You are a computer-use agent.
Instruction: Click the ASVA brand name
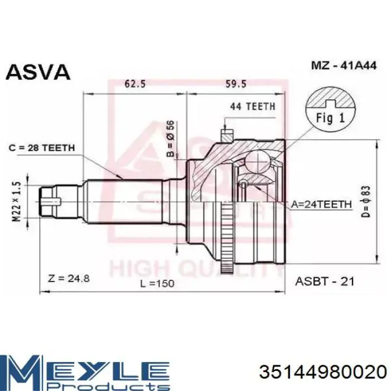coord(38,72)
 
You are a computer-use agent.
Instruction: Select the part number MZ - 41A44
coord(344,65)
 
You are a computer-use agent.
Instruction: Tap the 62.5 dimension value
coord(135,84)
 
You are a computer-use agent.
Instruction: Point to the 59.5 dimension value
coord(236,84)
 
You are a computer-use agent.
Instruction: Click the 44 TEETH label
coord(252,107)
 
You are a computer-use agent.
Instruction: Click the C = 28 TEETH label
coord(42,148)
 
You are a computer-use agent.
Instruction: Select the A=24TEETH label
coord(321,204)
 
